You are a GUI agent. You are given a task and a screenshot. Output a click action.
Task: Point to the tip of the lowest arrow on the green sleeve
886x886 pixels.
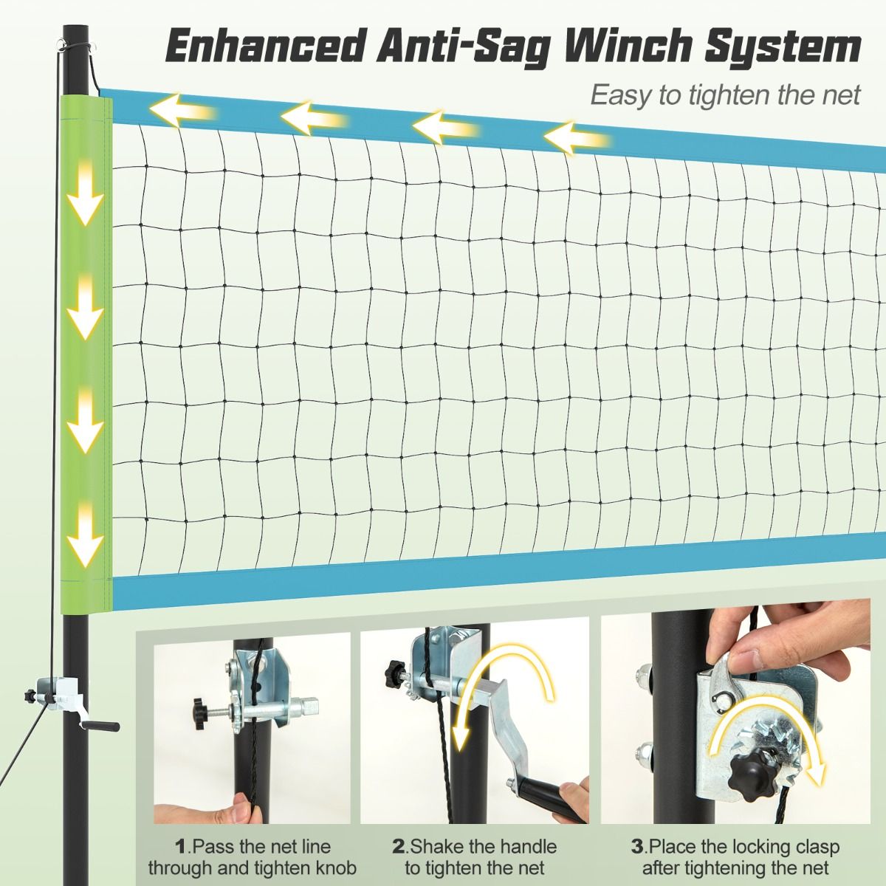point(85,566)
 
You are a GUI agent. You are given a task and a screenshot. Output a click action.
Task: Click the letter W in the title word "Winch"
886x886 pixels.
point(585,51)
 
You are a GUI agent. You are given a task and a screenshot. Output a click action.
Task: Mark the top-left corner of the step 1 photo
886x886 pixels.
point(154,633)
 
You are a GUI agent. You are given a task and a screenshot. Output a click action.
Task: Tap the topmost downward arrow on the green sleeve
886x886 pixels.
point(85,193)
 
